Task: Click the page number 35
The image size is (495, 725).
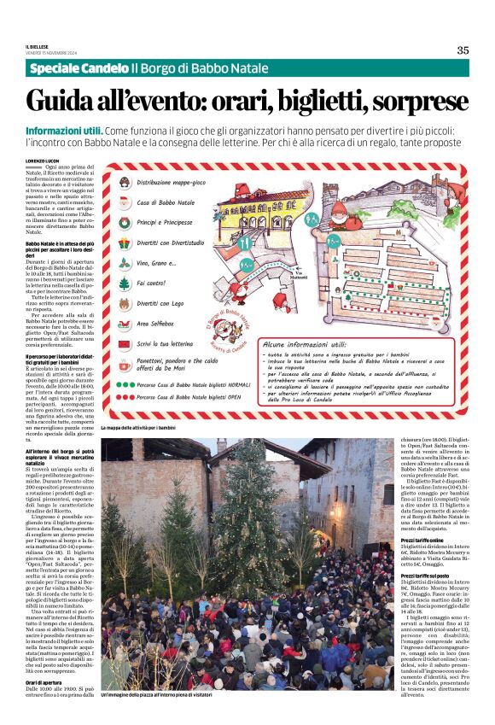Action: [463, 50]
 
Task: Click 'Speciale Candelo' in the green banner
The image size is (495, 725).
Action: [78, 68]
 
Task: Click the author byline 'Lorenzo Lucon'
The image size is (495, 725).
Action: [43, 161]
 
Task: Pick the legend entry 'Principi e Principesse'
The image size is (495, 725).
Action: [166, 221]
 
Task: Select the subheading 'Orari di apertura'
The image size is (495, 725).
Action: [43, 706]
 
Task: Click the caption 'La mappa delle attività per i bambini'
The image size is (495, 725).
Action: [137, 427]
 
